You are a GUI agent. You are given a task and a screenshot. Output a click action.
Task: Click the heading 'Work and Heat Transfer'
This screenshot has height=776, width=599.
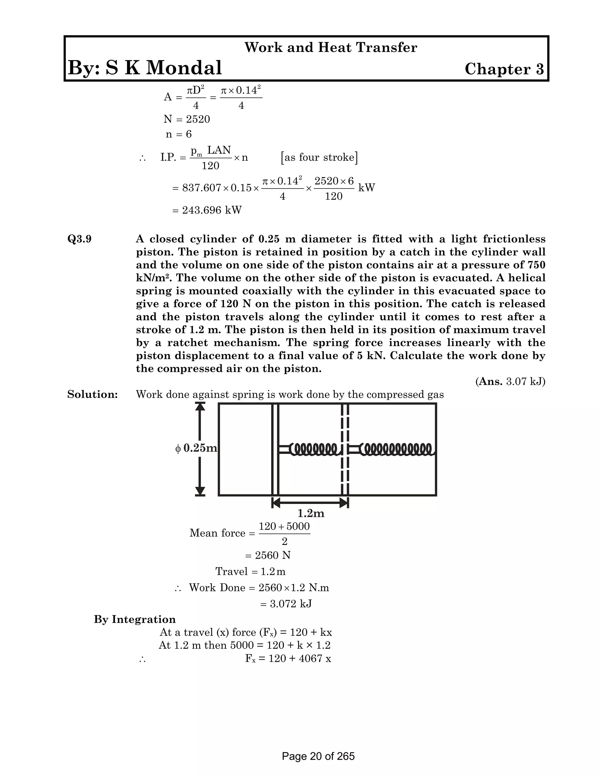(x=331, y=47)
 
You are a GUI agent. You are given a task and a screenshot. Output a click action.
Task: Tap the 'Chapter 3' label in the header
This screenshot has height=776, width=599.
(x=504, y=69)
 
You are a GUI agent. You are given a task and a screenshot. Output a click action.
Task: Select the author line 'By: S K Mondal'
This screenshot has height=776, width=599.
(x=145, y=68)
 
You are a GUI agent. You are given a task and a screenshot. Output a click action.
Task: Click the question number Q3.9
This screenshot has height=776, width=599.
(x=80, y=239)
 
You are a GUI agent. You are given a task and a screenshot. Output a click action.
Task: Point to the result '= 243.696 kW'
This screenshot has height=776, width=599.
(x=207, y=210)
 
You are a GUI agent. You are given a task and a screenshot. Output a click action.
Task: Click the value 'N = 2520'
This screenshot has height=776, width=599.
(x=187, y=119)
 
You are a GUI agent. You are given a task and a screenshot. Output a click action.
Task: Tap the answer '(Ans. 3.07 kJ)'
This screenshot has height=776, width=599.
(x=510, y=382)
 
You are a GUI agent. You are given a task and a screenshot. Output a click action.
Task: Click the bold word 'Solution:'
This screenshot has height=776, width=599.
(x=92, y=394)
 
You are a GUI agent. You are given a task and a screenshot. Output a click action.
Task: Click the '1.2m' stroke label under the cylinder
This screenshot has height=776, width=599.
(x=311, y=513)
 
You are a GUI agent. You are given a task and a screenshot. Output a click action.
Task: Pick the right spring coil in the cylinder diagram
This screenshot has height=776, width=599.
(x=396, y=449)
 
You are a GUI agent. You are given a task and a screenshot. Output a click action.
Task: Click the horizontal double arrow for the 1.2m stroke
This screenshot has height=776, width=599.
(x=310, y=502)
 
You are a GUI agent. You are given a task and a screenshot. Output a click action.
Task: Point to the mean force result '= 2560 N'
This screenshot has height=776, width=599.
(x=268, y=555)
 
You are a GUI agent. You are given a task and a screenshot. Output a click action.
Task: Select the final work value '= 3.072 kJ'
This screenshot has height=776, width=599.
(x=286, y=604)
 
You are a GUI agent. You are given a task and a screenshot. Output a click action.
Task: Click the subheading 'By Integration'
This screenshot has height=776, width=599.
(x=135, y=619)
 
